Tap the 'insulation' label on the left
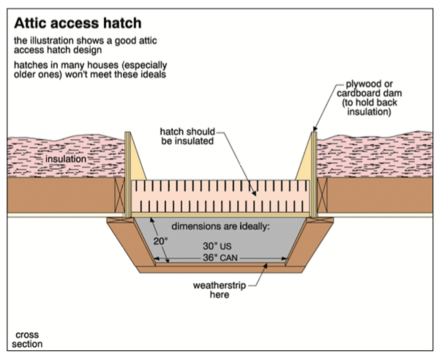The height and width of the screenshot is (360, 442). point(65,158)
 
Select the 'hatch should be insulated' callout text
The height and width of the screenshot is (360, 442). point(186,137)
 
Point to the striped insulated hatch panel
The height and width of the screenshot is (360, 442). point(220,195)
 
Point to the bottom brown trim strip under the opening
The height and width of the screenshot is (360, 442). point(220,269)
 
